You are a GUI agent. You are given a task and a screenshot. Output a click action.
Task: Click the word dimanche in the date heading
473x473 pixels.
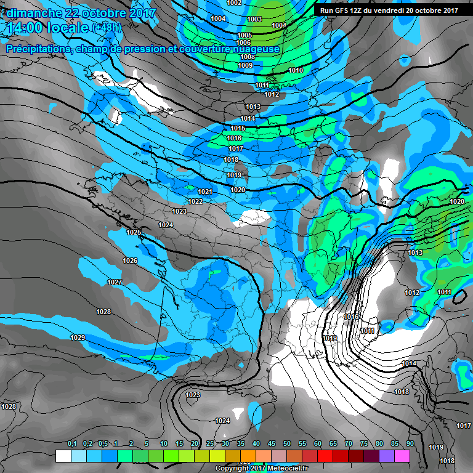[33, 13]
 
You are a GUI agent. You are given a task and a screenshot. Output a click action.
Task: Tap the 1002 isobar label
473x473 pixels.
[234, 3]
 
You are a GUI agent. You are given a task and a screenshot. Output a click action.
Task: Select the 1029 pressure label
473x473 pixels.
[77, 338]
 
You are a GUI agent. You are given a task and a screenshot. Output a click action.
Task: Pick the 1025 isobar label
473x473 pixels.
[134, 232]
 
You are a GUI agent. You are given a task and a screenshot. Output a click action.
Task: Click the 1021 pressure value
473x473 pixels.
[205, 192]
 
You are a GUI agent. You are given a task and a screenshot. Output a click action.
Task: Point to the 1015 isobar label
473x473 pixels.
[238, 128]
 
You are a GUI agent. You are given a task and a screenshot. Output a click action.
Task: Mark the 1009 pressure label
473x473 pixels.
[245, 65]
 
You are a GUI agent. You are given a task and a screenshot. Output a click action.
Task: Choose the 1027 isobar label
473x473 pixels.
[115, 282]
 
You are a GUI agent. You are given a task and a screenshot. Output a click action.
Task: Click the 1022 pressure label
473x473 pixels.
[196, 201]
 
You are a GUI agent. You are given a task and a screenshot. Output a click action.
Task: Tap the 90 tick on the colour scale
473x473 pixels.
[410, 443]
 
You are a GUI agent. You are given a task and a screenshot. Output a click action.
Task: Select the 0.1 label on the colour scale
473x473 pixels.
[72, 443]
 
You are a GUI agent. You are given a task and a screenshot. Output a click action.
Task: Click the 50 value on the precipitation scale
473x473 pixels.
[287, 443]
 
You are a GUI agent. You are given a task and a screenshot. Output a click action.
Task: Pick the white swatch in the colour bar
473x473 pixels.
[63, 456]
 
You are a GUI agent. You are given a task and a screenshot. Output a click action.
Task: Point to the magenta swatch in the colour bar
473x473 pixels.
[402, 456]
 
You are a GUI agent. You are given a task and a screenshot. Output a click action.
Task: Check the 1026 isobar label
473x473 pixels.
[129, 261]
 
